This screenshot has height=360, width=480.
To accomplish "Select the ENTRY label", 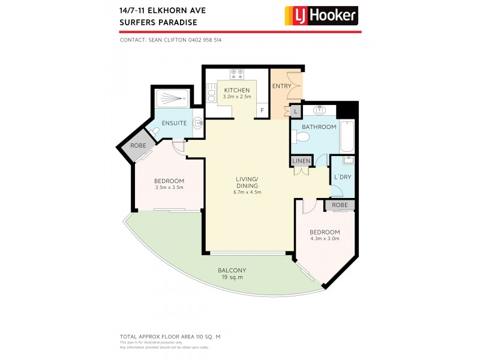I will (x=281, y=86).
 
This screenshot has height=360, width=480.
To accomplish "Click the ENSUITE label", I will (x=174, y=123).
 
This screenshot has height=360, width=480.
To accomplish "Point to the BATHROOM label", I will (x=319, y=127).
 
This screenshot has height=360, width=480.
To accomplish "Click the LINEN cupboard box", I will (x=301, y=161).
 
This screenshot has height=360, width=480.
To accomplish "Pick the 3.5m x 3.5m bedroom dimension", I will (x=169, y=188).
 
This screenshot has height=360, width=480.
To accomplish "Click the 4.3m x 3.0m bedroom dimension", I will (x=325, y=239).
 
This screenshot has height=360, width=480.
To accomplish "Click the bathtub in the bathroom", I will (x=347, y=136).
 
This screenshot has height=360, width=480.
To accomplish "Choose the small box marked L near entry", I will (x=295, y=111).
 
